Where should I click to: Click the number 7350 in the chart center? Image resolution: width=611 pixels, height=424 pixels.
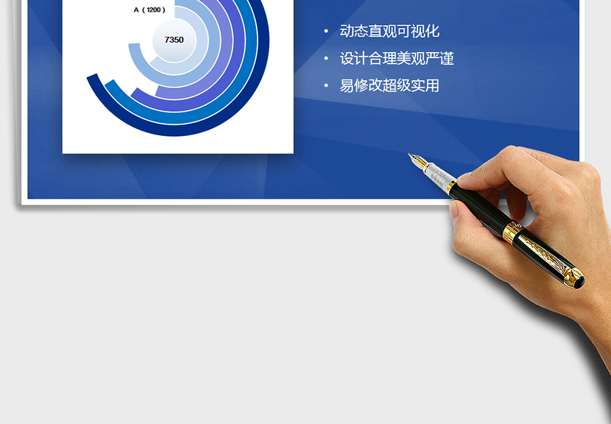coord(174,40)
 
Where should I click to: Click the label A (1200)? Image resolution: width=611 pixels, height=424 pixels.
coord(149,10)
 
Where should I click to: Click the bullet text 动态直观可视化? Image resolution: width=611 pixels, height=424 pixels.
coord(390,31)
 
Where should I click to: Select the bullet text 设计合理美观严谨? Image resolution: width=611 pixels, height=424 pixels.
coord(397,59)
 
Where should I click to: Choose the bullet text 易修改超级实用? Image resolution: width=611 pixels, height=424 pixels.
coord(390,86)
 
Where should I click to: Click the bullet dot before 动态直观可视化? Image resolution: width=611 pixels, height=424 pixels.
coord(326,31)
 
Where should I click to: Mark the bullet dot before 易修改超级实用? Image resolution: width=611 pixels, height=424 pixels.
coord(326,86)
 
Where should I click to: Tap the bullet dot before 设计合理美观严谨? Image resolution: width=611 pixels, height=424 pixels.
coord(326,59)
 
